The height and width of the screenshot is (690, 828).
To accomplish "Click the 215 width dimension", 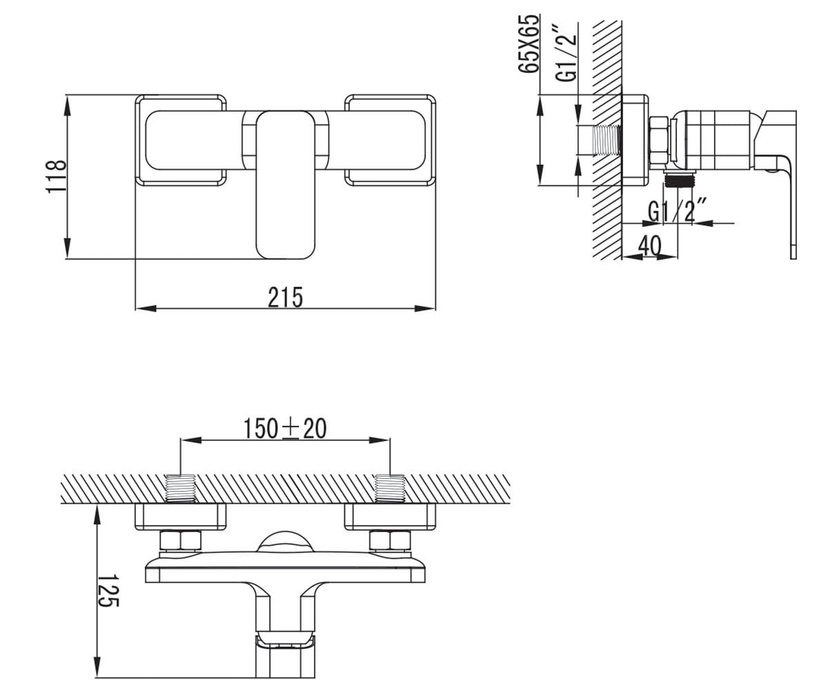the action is [285, 297].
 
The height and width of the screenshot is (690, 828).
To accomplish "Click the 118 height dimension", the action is [56, 177].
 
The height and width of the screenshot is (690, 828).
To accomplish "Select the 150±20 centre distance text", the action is [285, 428].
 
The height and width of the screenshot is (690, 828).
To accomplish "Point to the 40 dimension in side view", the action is [649, 246].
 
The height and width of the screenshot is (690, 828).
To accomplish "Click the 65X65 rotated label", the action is [529, 43].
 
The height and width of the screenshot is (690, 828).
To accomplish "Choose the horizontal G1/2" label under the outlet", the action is [678, 210].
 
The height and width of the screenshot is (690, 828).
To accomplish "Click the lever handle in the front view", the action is [286, 185].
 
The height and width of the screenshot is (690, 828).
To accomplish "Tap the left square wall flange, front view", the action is [181, 140].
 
